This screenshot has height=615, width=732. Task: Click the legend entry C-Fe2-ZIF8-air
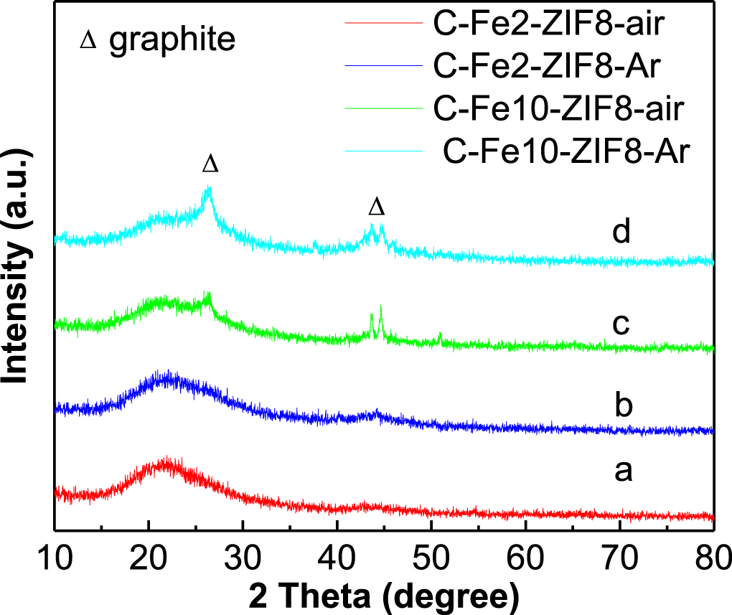click(549, 26)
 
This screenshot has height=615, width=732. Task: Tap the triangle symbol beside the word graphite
click(88, 42)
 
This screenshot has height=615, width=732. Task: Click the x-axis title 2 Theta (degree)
click(385, 595)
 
